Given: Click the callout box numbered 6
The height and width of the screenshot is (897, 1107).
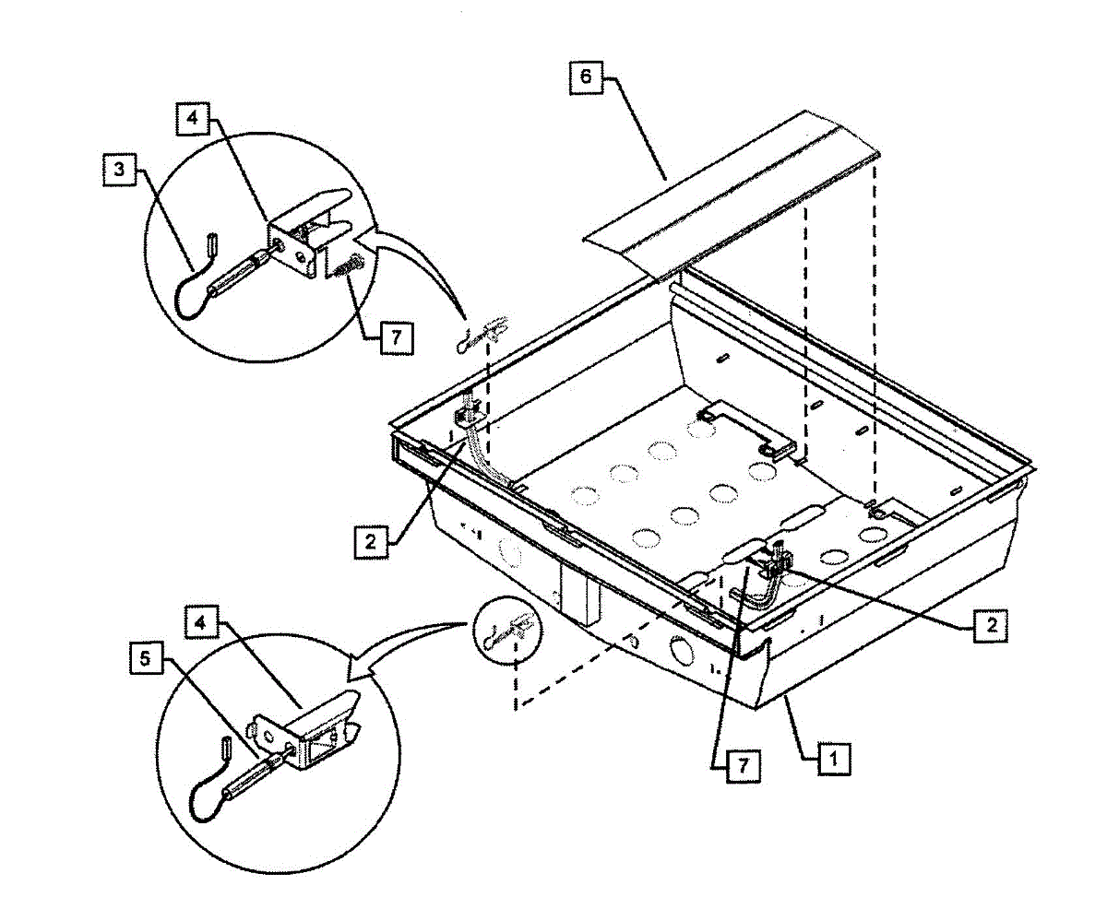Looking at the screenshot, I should pos(586,77).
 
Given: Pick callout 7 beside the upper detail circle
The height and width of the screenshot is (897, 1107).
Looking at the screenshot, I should pos(396,337).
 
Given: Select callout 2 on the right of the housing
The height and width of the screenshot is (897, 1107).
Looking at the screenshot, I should pos(989,624).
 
